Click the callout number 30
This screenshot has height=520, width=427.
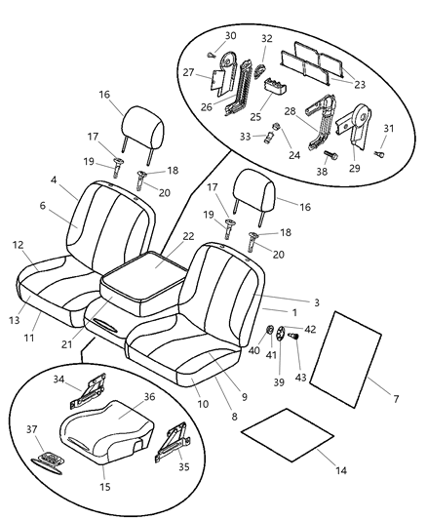[x=230, y=35]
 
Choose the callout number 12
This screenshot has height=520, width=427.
[x=18, y=244]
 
